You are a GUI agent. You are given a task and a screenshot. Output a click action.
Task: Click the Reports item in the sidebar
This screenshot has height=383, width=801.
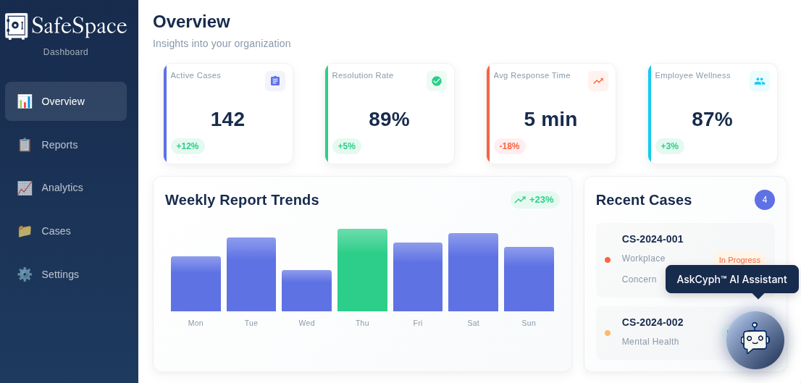[59, 145]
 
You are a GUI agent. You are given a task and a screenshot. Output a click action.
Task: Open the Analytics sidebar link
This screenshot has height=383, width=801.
[62, 188]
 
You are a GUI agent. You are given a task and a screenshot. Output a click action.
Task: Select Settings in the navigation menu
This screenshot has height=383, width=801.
[60, 274]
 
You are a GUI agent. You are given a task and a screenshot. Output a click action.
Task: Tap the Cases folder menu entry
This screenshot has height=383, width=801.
[56, 231]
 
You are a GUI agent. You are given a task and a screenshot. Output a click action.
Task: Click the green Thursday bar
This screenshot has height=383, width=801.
[362, 270]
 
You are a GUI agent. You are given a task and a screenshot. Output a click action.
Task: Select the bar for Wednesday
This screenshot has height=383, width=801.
[306, 290]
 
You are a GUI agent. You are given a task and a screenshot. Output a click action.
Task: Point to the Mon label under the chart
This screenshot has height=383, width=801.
[196, 323]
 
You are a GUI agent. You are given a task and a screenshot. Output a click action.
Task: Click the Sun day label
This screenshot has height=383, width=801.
[529, 323]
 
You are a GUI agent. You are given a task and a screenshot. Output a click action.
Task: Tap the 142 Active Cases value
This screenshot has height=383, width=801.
[227, 119]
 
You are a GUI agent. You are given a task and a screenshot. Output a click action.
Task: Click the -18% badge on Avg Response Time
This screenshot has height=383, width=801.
[509, 146]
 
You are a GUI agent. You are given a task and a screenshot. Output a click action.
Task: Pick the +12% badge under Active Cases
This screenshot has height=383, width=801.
[188, 146]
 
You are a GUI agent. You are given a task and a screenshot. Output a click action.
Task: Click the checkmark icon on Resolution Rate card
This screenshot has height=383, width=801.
[437, 81]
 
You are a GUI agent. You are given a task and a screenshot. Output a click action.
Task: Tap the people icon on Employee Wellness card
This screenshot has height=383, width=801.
[760, 81]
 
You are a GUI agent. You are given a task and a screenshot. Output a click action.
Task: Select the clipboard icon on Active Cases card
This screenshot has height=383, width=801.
[275, 81]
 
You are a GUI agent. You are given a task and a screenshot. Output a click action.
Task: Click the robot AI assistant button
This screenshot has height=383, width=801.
[755, 340]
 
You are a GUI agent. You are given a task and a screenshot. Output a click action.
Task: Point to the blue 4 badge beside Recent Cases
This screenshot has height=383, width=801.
[765, 200]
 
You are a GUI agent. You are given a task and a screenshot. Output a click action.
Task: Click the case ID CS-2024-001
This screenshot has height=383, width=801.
[653, 239]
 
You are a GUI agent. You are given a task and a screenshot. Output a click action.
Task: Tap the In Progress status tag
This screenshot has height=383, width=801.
[739, 260]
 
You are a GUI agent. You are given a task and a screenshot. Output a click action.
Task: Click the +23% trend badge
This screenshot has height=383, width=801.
[534, 200]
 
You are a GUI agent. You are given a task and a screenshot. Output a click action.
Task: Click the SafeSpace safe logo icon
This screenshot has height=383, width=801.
[16, 26]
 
